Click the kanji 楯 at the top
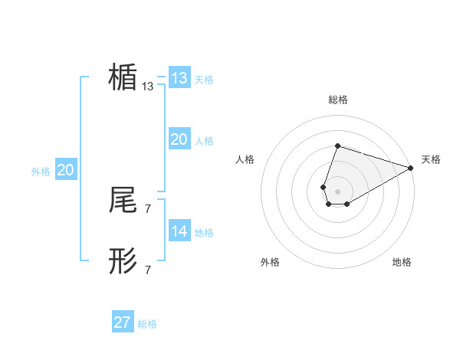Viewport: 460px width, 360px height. click(x=123, y=78)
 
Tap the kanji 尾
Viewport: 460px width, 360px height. click(x=123, y=200)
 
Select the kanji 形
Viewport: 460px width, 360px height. click(x=123, y=261)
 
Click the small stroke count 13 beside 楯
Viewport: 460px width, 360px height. click(x=148, y=87)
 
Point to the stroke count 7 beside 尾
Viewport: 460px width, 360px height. click(x=148, y=208)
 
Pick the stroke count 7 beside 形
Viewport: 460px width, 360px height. click(x=148, y=270)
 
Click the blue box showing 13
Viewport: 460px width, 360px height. click(x=179, y=78)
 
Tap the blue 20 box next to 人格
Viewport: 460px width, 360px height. click(x=179, y=139)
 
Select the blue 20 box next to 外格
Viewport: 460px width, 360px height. click(x=65, y=170)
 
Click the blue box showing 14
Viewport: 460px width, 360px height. click(x=179, y=231)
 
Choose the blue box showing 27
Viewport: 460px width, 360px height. click(x=123, y=322)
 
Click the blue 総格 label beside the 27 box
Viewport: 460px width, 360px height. click(x=147, y=324)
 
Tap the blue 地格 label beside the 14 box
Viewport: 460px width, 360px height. click(x=204, y=233)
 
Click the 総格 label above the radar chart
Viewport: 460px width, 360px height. click(x=337, y=100)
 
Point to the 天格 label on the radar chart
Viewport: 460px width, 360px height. click(x=431, y=159)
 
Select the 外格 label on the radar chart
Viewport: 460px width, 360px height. click(x=270, y=262)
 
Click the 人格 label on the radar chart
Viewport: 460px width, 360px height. click(x=245, y=159)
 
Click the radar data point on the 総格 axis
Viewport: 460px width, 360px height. click(x=337, y=146)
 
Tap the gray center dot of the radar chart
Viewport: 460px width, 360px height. click(x=337, y=190)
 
